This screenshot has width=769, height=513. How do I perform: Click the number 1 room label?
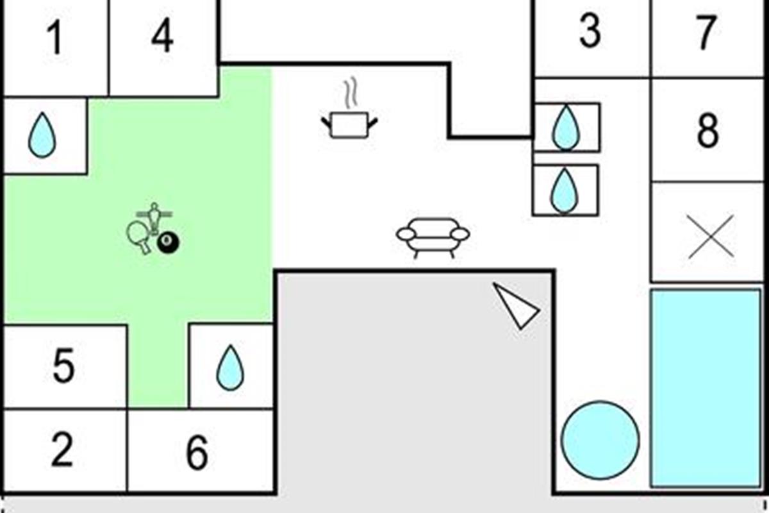(x=55, y=38)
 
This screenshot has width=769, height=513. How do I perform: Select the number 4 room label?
(x=162, y=35)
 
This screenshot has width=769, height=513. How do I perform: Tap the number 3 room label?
(x=590, y=31)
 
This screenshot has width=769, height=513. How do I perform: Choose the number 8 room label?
(x=708, y=131)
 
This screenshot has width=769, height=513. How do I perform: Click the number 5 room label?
(x=64, y=366)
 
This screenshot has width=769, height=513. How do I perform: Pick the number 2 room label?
(x=62, y=450)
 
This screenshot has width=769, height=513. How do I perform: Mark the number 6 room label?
(x=197, y=452)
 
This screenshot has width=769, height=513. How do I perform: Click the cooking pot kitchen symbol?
(x=349, y=125)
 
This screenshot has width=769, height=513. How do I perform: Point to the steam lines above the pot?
(x=351, y=92)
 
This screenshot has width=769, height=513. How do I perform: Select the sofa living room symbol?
(x=433, y=238)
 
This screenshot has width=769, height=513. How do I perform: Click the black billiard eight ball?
(x=168, y=243)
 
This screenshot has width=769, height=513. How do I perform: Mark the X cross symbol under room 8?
(x=711, y=237)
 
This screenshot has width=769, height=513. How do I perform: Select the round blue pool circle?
(x=600, y=440)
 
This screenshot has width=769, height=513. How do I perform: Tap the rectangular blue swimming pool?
(x=706, y=388)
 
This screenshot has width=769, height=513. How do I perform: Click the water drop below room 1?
(x=42, y=135)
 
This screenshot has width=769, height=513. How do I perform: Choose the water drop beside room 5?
(x=230, y=367)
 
